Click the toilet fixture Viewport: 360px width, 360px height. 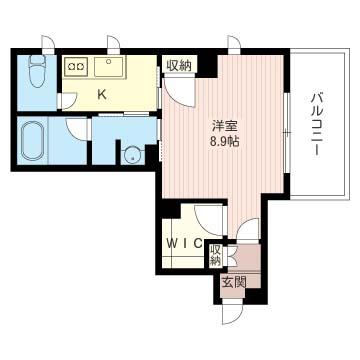click(x=37, y=70)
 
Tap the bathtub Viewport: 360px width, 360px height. click(x=32, y=141)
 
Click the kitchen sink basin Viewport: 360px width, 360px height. click(x=110, y=66)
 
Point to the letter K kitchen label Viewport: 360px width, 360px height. click(x=102, y=95)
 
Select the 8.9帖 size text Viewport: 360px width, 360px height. click(x=224, y=142)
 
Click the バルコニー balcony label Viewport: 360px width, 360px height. click(x=316, y=125)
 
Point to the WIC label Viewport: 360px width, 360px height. click(x=184, y=244)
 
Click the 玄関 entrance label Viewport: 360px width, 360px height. click(x=234, y=283)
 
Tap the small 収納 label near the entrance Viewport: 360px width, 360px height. click(x=216, y=256)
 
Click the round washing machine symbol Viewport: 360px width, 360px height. click(x=132, y=156)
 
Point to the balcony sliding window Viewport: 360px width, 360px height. click(x=286, y=132)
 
